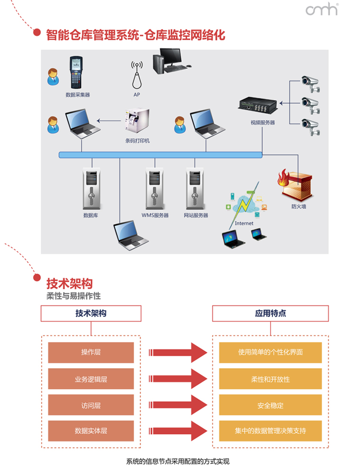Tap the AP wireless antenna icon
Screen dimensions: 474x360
click(x=136, y=75)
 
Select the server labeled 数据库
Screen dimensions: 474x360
click(x=91, y=189)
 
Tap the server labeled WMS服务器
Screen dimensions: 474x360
click(x=155, y=189)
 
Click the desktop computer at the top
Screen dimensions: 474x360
click(x=169, y=60)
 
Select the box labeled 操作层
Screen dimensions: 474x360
click(x=91, y=353)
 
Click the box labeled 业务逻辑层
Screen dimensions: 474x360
click(x=91, y=379)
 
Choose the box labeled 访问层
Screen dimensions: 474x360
click(x=91, y=405)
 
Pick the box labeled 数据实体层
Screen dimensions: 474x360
click(x=91, y=431)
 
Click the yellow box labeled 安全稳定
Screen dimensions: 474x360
click(x=270, y=405)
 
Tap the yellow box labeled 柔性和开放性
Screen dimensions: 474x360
click(x=270, y=379)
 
